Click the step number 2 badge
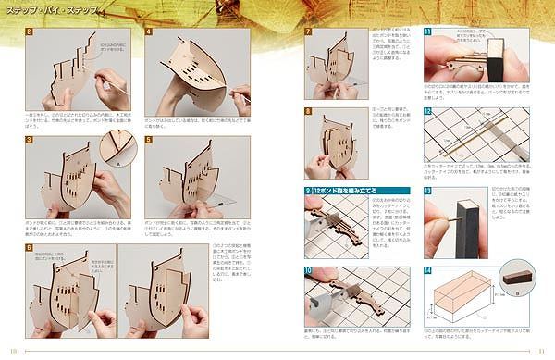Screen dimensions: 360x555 [30, 32]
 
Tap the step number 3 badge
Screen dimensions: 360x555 [30, 141]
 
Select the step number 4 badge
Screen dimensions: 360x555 [149, 32]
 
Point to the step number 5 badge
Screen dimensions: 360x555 [149, 141]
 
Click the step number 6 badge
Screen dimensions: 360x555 [30, 248]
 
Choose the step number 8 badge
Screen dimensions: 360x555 [309, 111]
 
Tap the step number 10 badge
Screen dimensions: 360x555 [309, 271]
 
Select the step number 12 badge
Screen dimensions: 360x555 [427, 111]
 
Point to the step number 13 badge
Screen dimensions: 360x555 [427, 191]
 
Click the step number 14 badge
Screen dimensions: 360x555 [427, 271]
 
